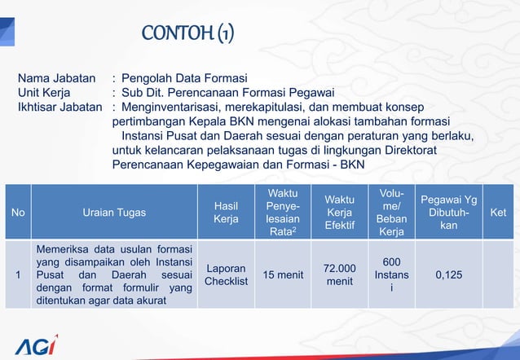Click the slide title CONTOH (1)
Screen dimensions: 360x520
(x=188, y=33)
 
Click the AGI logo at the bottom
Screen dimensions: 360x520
(x=36, y=345)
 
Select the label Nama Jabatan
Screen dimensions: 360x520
(x=56, y=79)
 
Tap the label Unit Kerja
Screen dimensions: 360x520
(x=47, y=93)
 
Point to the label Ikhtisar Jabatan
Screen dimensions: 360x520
(x=60, y=108)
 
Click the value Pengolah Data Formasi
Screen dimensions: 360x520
(x=184, y=79)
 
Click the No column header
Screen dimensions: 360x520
(x=18, y=213)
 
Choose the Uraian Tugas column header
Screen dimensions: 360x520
(x=114, y=213)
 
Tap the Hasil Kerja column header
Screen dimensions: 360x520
(x=226, y=213)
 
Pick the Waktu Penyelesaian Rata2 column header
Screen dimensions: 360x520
(x=283, y=213)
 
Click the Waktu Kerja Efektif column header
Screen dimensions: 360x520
(x=339, y=213)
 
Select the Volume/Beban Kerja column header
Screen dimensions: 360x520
(x=391, y=213)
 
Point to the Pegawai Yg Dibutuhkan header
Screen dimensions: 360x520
(x=448, y=213)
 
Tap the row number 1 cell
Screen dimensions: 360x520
(x=18, y=275)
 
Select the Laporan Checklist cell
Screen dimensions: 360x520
(x=226, y=275)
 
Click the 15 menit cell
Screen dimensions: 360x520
(x=283, y=275)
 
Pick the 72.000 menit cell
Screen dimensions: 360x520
(x=339, y=275)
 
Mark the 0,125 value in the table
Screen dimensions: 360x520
(x=448, y=275)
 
